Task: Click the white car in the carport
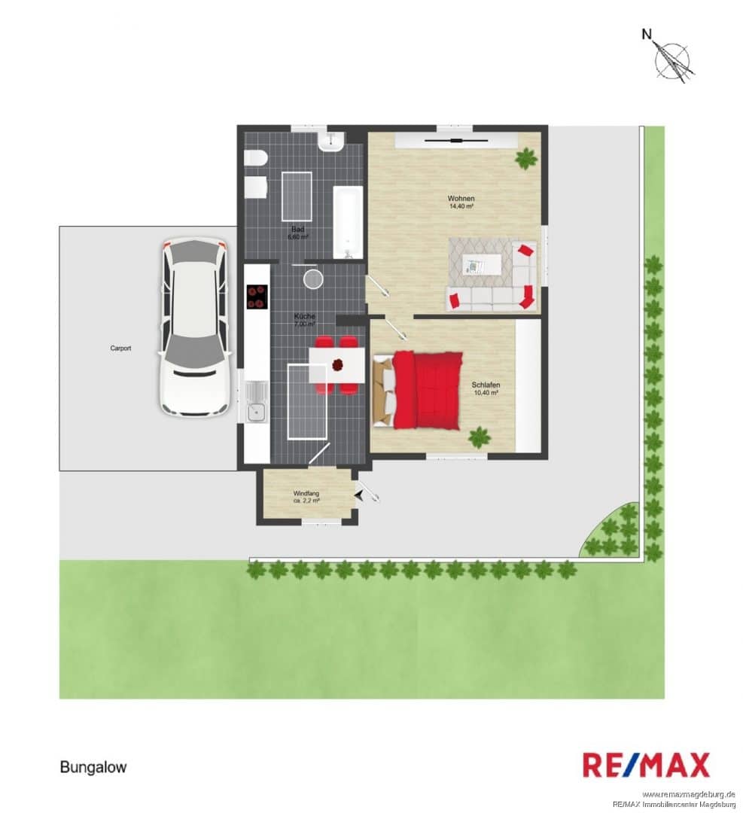[x=194, y=327]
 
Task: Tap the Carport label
[x=120, y=349]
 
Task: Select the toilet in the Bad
[x=255, y=157]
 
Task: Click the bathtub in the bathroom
[x=347, y=222]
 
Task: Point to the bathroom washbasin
[x=331, y=141]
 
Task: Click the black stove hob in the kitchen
[x=257, y=297]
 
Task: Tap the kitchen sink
[x=256, y=402]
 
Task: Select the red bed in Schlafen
[x=417, y=391]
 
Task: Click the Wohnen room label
[x=461, y=198]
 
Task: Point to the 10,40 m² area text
[x=486, y=393]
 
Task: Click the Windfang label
[x=306, y=494]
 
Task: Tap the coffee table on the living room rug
[x=482, y=266]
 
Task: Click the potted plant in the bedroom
[x=480, y=437]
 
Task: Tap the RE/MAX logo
[x=646, y=766]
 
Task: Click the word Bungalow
[x=93, y=767]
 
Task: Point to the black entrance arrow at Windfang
[x=359, y=495]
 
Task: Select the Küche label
[x=304, y=316]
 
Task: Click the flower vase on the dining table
[x=338, y=365]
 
